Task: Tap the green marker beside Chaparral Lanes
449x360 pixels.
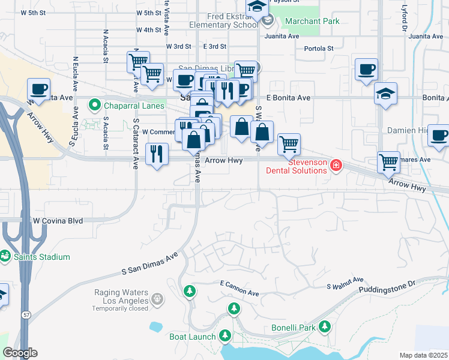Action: [x=94, y=106]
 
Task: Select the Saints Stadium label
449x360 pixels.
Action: [x=44, y=257]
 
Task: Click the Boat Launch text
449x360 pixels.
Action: [x=192, y=337]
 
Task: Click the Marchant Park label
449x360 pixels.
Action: [x=312, y=21]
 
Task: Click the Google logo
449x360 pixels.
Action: [x=20, y=353]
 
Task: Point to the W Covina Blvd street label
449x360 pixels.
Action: [x=58, y=221]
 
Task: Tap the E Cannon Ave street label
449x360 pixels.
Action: [x=239, y=287]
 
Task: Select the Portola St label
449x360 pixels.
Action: [x=319, y=49]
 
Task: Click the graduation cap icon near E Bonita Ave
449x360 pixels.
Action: [x=385, y=94]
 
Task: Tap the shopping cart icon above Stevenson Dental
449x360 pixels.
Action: [x=289, y=143]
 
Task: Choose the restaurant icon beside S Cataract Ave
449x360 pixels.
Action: [x=157, y=153]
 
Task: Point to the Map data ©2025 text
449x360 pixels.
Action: [x=423, y=355]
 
